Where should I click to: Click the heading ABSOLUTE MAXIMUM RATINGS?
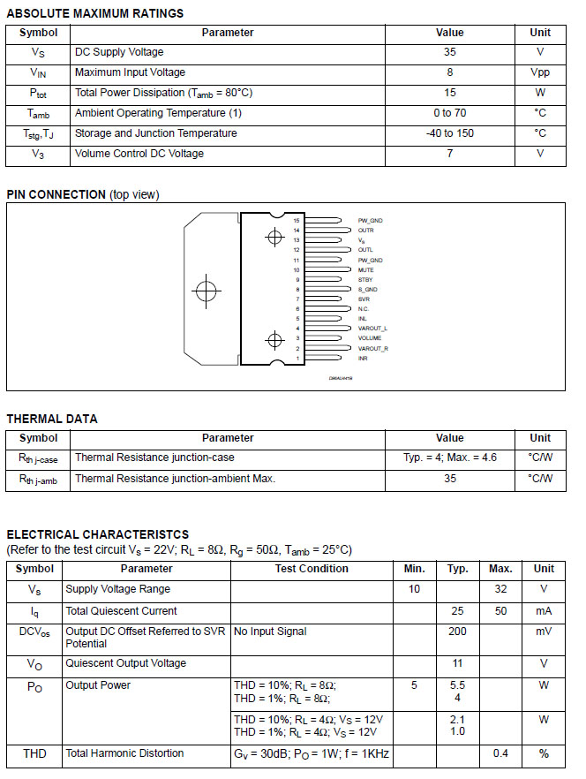click(x=95, y=13)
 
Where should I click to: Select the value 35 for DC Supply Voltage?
click(x=449, y=52)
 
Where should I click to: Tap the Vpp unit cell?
click(x=540, y=72)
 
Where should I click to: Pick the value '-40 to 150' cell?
click(x=449, y=133)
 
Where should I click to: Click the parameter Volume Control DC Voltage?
click(x=139, y=154)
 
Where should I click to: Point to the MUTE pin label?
click(x=366, y=269)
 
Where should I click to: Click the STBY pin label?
click(x=365, y=279)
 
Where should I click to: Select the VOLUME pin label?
click(x=370, y=338)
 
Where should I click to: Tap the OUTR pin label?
click(x=365, y=230)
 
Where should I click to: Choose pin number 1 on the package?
click(x=297, y=358)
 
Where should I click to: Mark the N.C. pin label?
click(x=364, y=309)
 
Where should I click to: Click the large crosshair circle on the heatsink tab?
click(x=207, y=291)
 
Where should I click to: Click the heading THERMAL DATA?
click(x=52, y=419)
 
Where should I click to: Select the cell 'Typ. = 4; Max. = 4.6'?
click(x=449, y=458)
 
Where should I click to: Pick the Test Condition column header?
click(x=312, y=569)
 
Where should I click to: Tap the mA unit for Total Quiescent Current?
click(x=544, y=611)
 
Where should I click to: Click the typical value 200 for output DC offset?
click(x=457, y=632)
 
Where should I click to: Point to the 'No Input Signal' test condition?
click(x=270, y=632)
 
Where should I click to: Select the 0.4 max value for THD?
click(x=500, y=753)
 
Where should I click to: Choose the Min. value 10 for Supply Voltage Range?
click(x=414, y=589)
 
